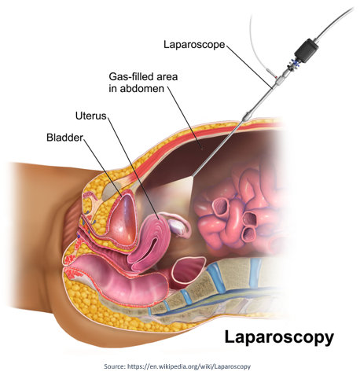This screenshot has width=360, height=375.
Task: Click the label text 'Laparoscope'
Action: pos(194,45)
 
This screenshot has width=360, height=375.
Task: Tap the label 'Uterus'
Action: pos(91,116)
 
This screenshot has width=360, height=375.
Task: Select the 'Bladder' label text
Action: pos(64,138)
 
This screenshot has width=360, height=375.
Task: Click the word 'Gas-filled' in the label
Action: pos(130,77)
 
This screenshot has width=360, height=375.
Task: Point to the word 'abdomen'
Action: pos(141,89)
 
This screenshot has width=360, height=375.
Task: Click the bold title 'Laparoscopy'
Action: pos(279,337)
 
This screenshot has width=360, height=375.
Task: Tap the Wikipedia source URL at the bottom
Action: pos(189,366)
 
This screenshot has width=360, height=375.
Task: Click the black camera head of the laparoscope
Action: pos(307,50)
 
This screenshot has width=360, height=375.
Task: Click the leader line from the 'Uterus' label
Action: pos(134,168)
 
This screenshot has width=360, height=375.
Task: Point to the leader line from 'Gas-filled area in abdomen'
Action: pos(185,118)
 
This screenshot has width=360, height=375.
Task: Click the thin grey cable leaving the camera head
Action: pos(335,23)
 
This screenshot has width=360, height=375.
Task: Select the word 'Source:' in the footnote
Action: pos(115,366)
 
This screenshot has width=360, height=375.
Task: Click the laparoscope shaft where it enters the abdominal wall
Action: pos(241,123)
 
